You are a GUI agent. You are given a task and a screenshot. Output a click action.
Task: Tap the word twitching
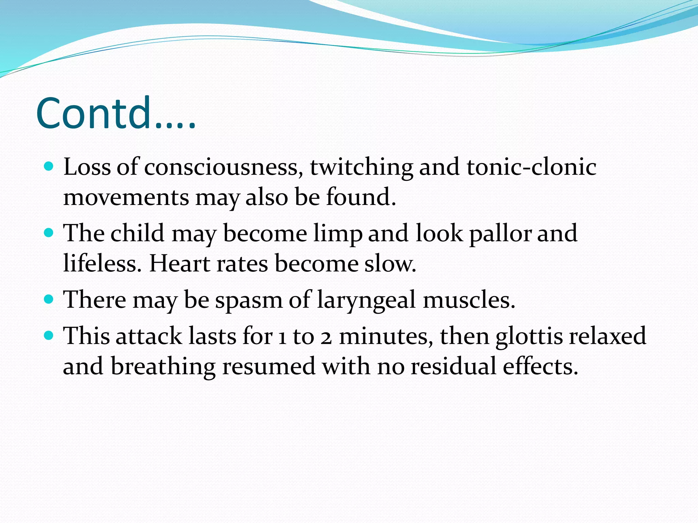tap(361, 168)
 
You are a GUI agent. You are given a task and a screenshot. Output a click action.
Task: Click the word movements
tap(126, 198)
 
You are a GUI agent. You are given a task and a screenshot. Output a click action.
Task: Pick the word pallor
tap(500, 234)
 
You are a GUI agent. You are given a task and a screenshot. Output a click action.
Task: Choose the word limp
tap(338, 234)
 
